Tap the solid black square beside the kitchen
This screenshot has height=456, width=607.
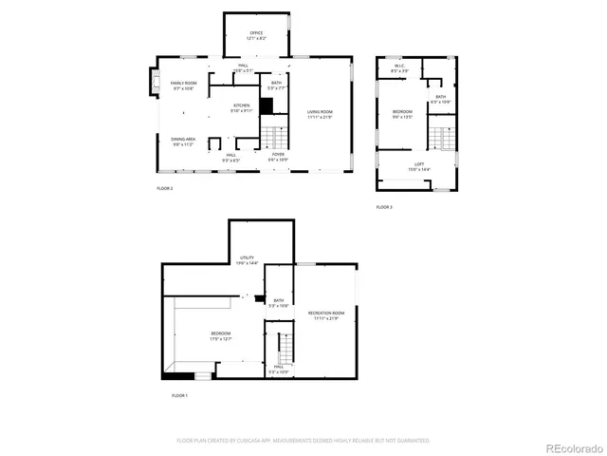pyautogui.click(x=267, y=106)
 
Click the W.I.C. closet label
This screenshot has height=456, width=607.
pyautogui.click(x=399, y=68)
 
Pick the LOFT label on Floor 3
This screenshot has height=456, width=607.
pyautogui.click(x=418, y=167)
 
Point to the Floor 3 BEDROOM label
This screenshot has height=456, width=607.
pyautogui.click(x=403, y=114)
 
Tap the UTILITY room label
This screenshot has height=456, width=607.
pyautogui.click(x=247, y=259)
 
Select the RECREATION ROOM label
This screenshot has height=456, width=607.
pyautogui.click(x=325, y=314)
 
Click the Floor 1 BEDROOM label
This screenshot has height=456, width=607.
pyautogui.click(x=220, y=335)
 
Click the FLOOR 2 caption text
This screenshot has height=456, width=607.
pyautogui.click(x=165, y=189)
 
